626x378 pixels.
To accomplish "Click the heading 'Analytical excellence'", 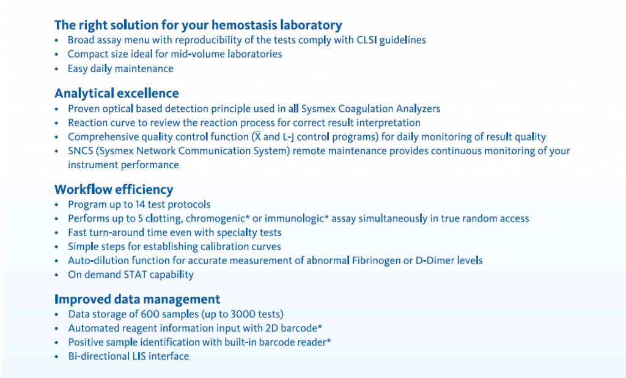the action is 117,94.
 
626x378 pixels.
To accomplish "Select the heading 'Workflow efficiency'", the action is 114,190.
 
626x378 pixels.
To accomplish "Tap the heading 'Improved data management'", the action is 138,299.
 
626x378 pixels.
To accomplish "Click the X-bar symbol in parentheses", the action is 257,136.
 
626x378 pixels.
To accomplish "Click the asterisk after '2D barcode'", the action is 320,327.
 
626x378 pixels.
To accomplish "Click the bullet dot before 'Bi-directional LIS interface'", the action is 57,357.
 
